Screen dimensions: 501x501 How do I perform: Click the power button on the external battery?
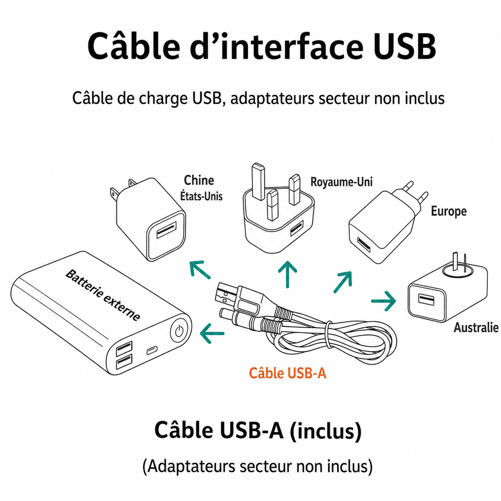coord(179,331)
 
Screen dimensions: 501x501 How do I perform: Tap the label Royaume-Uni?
coord(342,182)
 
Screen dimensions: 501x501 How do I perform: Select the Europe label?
coord(449,211)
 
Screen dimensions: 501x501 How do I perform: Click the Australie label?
coord(476,327)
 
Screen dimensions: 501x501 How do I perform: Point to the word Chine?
coord(199,180)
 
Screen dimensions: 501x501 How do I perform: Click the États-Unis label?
coord(201,196)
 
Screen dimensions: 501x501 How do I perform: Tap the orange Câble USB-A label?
coord(288,373)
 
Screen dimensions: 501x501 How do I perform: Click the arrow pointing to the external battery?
coord(212,333)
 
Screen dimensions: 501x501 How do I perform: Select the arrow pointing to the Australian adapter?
coord(384,301)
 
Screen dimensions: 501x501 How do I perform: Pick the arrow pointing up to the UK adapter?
coord(288,274)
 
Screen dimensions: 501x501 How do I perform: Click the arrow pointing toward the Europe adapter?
coord(343,282)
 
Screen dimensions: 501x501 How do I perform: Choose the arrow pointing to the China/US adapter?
coord(200,270)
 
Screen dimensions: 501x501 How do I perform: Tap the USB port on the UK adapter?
coord(297,228)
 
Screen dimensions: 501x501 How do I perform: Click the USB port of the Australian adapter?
coord(426,300)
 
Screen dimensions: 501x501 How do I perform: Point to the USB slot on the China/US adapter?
coord(166,230)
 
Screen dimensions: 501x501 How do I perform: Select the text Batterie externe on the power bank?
coord(103,295)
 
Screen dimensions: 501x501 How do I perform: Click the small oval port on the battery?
coord(152,350)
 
